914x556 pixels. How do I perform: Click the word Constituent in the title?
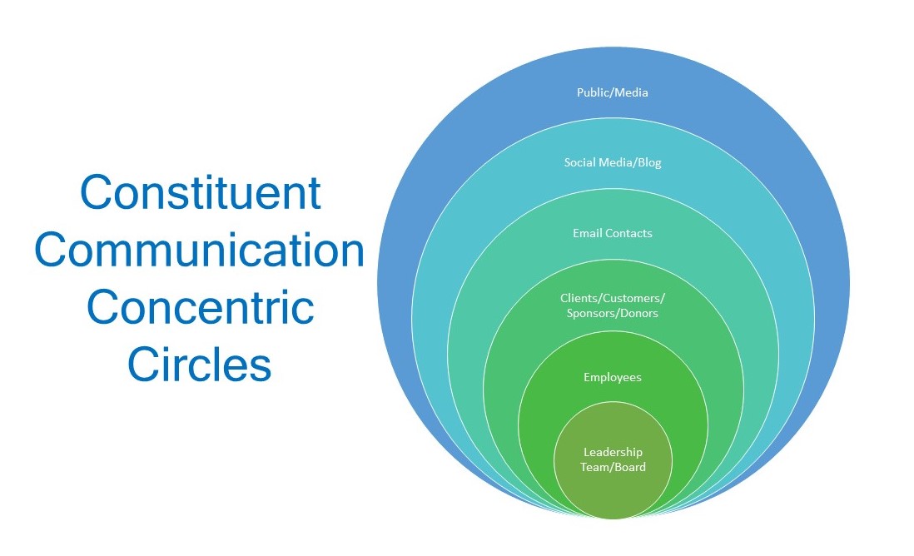coord(200,193)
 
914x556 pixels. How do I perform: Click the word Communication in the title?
coord(199,251)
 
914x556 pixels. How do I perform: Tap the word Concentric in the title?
coord(200,308)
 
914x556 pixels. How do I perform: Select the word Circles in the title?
coord(199,365)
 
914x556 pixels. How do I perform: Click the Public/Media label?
coord(612,92)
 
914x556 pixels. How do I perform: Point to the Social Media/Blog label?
coord(612,162)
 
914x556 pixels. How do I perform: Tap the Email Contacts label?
coord(612,233)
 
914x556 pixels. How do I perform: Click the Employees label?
coord(612,378)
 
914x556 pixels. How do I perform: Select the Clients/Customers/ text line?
coord(612,299)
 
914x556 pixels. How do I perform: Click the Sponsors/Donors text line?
coord(612,314)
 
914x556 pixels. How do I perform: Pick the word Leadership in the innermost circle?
coord(613,452)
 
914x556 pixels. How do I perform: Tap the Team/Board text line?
coord(613,468)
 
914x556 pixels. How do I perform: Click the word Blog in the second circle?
coord(649,163)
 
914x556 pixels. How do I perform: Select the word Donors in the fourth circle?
coord(638,314)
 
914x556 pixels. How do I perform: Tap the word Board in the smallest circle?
coord(630,468)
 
